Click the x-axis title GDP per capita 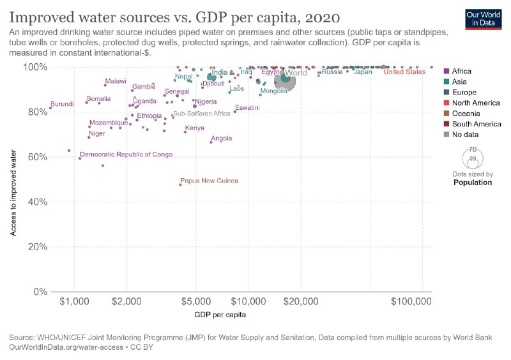(220, 315)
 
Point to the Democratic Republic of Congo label (126, 154)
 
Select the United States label (404, 72)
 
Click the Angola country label (221, 138)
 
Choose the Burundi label (62, 104)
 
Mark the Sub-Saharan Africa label (201, 114)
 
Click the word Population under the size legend (472, 182)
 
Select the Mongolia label (273, 91)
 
